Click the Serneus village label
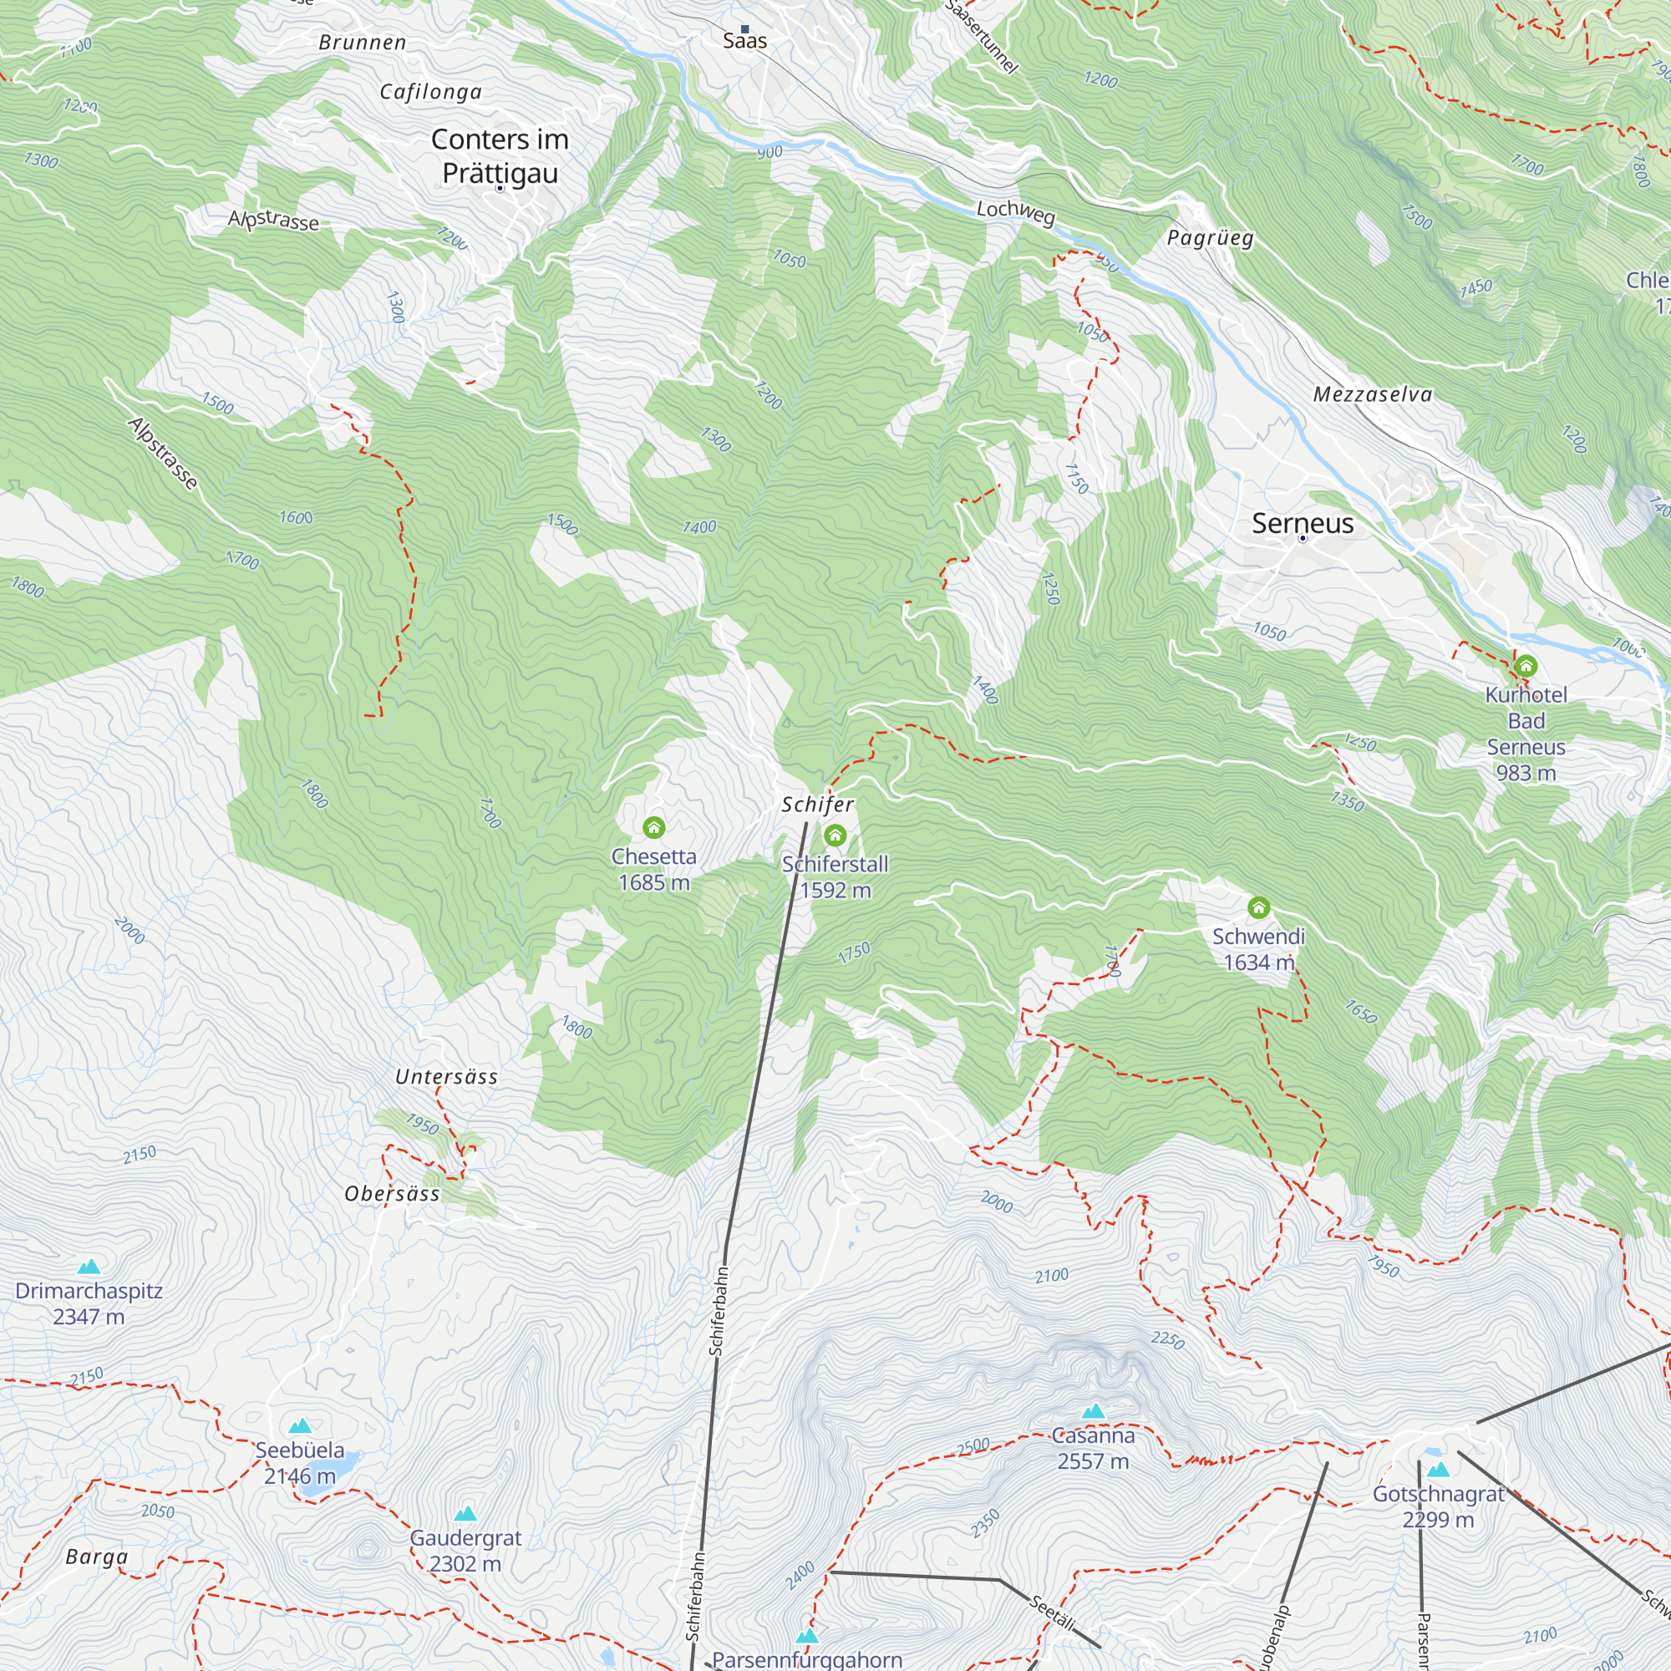point(1303,523)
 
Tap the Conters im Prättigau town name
point(500,155)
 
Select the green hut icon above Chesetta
point(654,828)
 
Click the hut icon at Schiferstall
point(835,835)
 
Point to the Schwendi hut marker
point(1258,907)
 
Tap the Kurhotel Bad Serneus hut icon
point(1526,666)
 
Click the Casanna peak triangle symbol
point(1093,1411)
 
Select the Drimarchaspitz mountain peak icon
point(89,1267)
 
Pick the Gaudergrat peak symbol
point(465,1514)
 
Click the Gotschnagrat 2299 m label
point(1439,1506)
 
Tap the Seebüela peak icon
point(300,1426)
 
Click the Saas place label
point(744,41)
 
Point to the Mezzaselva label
point(1373,394)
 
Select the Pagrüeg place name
point(1210,238)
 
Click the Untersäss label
point(446,1077)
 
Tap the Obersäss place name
point(392,1194)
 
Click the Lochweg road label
point(1015,212)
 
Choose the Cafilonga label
point(431,92)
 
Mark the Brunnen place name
point(363,43)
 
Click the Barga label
point(97,1557)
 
